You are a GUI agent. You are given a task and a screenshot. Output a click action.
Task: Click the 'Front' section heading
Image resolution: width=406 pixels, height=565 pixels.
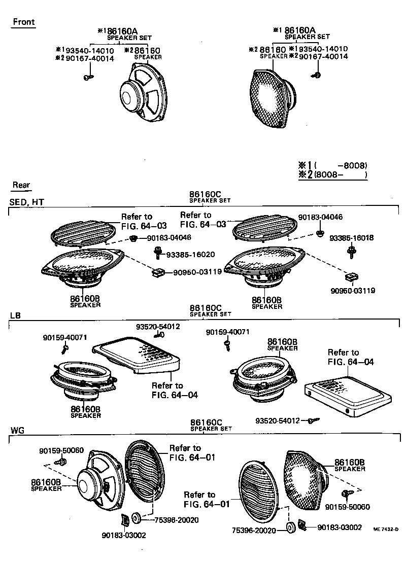(23, 22)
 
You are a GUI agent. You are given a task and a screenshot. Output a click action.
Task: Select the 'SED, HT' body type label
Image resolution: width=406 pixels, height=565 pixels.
(27, 202)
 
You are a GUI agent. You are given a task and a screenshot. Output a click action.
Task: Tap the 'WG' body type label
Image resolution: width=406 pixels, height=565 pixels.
(17, 431)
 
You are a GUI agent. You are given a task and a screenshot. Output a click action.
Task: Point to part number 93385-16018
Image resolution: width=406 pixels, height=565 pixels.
(351, 237)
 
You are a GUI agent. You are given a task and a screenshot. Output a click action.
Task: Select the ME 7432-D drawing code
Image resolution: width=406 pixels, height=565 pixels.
(386, 529)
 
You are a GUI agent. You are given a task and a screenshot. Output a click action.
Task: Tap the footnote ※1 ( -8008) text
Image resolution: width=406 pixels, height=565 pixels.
(332, 165)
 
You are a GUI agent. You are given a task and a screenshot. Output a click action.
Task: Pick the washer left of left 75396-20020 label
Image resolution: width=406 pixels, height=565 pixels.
(137, 519)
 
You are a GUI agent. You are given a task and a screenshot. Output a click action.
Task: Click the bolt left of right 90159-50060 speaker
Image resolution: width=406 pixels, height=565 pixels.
(348, 493)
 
